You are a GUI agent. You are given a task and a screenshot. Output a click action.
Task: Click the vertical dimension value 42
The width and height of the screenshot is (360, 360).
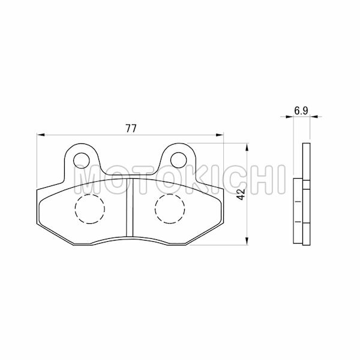pos(240,194)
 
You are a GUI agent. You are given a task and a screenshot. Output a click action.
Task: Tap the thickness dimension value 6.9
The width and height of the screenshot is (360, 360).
pos(301,111)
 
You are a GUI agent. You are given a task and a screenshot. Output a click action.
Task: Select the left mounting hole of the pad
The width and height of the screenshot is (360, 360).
pos(81,159)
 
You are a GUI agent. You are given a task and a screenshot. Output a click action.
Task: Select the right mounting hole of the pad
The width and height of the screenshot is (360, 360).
pos(178,159)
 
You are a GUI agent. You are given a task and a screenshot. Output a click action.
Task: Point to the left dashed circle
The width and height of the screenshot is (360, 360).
pos(89,208)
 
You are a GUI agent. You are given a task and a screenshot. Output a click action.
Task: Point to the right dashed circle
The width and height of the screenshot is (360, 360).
pos(170,208)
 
